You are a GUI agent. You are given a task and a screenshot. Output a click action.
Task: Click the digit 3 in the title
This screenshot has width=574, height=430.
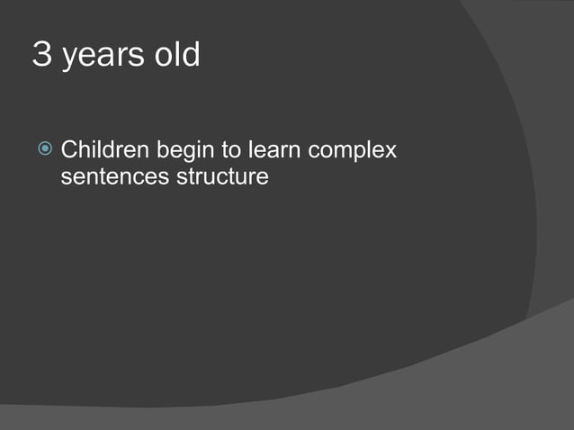point(41,55)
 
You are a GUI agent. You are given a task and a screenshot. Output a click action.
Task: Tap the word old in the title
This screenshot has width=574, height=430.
point(177,55)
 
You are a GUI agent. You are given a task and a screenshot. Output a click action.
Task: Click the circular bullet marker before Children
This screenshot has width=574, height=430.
point(46,148)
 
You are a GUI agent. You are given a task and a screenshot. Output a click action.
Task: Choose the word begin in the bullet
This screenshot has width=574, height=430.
point(183,151)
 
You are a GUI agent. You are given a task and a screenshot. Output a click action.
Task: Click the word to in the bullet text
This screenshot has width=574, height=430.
point(231,149)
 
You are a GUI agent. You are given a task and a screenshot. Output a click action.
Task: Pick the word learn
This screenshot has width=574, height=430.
point(274,149)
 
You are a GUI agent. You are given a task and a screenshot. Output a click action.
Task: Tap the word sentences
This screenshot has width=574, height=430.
point(112,176)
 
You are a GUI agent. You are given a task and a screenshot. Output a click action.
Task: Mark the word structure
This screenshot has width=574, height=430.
point(220,176)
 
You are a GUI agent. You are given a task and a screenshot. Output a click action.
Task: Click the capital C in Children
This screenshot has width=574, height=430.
point(68,149)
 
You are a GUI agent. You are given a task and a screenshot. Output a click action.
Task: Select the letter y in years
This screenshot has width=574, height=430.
point(68,58)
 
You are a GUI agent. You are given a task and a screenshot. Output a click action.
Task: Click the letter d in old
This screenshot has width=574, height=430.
point(191,55)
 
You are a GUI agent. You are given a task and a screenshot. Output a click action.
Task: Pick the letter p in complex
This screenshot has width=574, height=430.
point(363,152)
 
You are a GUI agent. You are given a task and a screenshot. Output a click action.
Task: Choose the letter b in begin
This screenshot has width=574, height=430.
point(162,149)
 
